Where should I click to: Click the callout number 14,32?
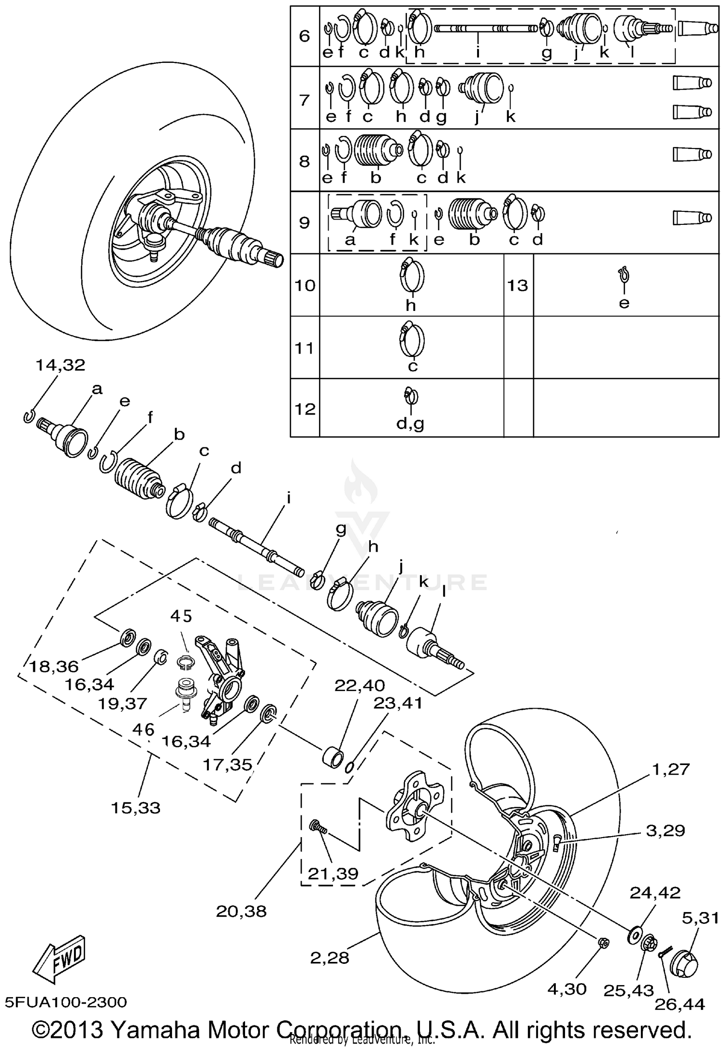(x=60, y=365)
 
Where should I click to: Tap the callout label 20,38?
(x=241, y=911)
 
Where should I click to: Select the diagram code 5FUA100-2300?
(x=66, y=1002)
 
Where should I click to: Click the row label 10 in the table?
(x=305, y=285)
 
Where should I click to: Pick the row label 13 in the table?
(x=518, y=285)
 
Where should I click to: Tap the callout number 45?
(x=181, y=616)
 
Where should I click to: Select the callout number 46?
(x=144, y=729)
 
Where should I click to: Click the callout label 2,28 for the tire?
(x=330, y=957)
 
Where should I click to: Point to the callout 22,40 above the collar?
(x=360, y=685)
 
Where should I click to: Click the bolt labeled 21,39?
(x=318, y=827)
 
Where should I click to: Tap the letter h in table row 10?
(x=410, y=305)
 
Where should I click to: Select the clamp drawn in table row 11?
(x=411, y=339)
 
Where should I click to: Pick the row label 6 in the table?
(x=304, y=36)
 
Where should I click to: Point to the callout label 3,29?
(x=666, y=830)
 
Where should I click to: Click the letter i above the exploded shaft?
(x=289, y=498)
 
